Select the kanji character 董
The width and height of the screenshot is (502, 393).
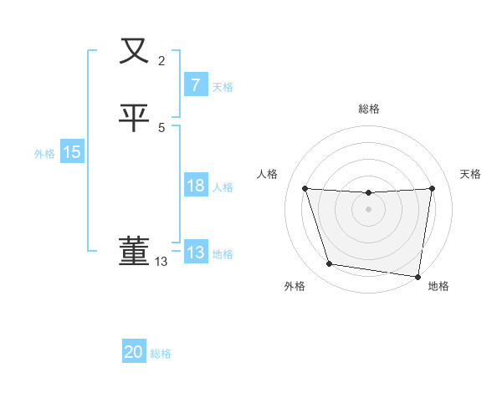pyautogui.click(x=135, y=251)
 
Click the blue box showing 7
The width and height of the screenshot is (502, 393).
pyautogui.click(x=195, y=85)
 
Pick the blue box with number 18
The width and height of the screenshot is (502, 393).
pyautogui.click(x=195, y=186)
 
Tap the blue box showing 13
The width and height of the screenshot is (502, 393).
pyautogui.click(x=195, y=253)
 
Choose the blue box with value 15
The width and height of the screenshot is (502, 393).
pyautogui.click(x=71, y=152)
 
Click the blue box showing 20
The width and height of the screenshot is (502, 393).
pyautogui.click(x=134, y=352)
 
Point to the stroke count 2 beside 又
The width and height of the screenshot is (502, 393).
pyautogui.click(x=161, y=60)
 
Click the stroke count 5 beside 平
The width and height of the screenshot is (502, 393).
pyautogui.click(x=161, y=127)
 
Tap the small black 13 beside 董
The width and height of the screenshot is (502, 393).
pyautogui.click(x=161, y=262)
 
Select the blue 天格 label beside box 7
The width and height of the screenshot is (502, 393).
pyautogui.click(x=223, y=87)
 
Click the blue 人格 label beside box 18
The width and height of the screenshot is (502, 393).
pyautogui.click(x=223, y=187)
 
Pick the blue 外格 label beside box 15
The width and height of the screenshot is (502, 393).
pyautogui.click(x=44, y=154)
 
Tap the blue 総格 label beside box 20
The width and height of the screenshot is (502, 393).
pyautogui.click(x=161, y=354)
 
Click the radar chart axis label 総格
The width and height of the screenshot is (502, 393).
pyautogui.click(x=368, y=109)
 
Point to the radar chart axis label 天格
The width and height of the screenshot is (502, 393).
pyautogui.click(x=470, y=174)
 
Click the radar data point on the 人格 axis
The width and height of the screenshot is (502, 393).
pyautogui.click(x=305, y=189)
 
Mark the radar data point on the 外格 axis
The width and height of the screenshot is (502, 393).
pyautogui.click(x=330, y=264)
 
